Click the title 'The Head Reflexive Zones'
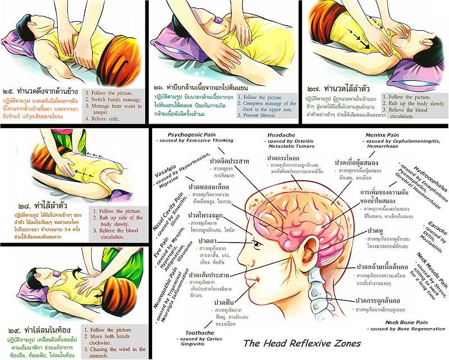pyautogui.click(x=302, y=343)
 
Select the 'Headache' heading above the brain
pyautogui.click(x=282, y=135)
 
